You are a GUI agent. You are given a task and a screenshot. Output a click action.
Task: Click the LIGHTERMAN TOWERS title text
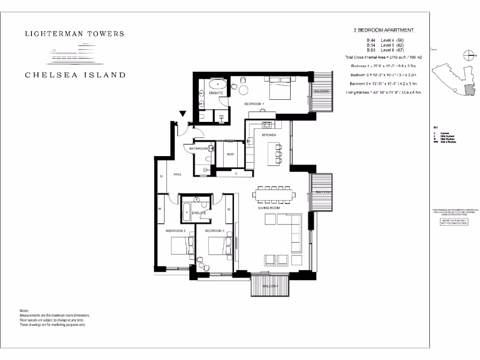[75, 34]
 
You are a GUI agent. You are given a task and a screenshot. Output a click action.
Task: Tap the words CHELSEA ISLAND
[75, 75]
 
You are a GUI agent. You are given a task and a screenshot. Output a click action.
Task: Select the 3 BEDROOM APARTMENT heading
[384, 30]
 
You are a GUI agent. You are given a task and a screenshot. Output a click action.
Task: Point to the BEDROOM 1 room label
[255, 103]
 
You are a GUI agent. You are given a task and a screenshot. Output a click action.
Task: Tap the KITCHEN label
[269, 135]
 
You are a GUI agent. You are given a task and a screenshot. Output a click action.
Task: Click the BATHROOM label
[198, 149]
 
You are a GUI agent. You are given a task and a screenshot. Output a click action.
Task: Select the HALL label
[177, 174]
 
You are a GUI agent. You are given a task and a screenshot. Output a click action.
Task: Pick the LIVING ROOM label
[269, 208]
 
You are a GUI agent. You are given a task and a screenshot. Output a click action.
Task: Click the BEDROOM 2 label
[176, 231]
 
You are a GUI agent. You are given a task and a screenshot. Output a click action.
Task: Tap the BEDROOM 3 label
[215, 231]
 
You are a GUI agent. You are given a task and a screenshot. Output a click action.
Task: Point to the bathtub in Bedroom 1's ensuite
[217, 85]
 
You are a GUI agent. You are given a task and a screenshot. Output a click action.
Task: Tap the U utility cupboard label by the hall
[161, 177]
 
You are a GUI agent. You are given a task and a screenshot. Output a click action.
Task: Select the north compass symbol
[467, 55]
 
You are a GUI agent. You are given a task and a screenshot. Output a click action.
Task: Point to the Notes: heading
[24, 311]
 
